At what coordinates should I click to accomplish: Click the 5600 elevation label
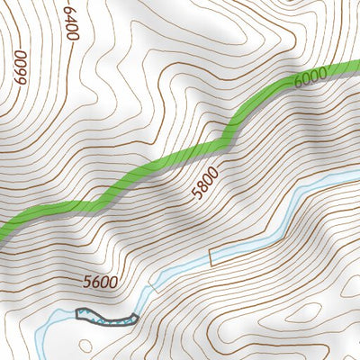[x=100, y=282]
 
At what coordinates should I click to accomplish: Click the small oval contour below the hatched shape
[x=85, y=345]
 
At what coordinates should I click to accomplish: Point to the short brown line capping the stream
[x=211, y=256]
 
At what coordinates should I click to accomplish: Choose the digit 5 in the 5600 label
[x=86, y=282]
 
